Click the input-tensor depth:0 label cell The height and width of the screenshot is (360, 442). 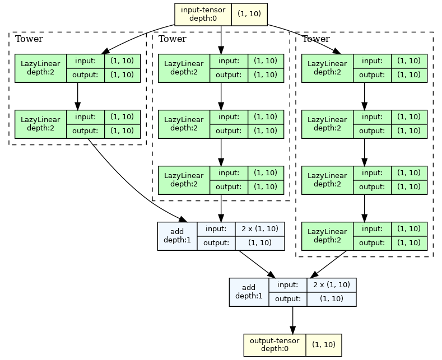tap(203, 15)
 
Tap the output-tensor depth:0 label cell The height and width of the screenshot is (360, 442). tap(274, 345)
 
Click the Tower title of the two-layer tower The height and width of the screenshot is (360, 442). tap(29, 39)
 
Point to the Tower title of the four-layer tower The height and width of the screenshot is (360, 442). tap(315, 39)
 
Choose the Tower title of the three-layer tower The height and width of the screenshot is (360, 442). tap(172, 39)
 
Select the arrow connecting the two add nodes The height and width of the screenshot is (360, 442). tap(257, 264)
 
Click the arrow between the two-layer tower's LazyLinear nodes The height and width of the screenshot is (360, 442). tap(77, 96)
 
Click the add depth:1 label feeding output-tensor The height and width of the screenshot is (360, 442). tap(249, 292)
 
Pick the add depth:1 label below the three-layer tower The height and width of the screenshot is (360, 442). tap(177, 236)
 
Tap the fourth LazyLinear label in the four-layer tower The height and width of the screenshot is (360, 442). tap(328, 236)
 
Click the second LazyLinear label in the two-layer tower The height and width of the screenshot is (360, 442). tap(40, 124)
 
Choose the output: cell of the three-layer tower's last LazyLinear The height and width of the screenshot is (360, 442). tap(229, 186)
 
